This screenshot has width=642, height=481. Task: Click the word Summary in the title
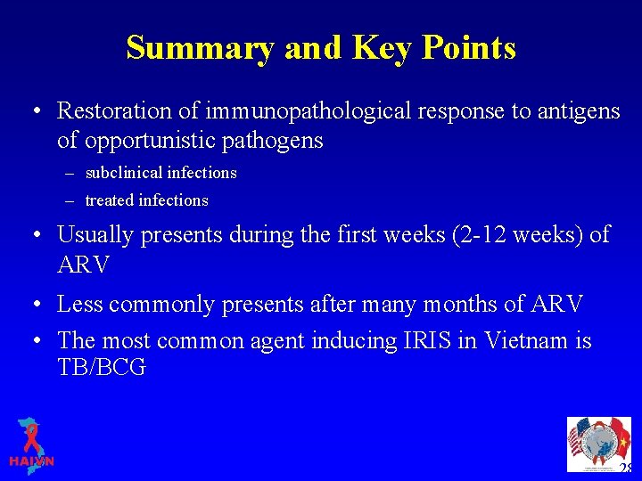[199, 47]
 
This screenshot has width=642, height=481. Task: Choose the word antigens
[566, 111]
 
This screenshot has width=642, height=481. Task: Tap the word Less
[78, 305]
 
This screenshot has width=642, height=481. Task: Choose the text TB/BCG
[102, 368]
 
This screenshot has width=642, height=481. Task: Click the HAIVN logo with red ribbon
[31, 443]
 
